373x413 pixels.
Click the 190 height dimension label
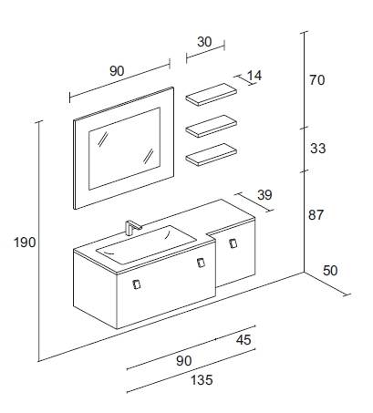[x=25, y=243]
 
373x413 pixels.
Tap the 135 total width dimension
[x=202, y=380]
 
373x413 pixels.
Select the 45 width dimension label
[x=243, y=340]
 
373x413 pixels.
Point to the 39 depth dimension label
[x=264, y=195]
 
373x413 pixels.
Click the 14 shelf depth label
[x=254, y=76]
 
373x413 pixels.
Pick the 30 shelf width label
[x=204, y=42]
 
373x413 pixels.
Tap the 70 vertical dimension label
[x=317, y=80]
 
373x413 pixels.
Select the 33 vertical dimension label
[x=318, y=149]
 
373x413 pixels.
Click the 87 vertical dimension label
[x=316, y=215]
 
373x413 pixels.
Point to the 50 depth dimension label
[x=330, y=271]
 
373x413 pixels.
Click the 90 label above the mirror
[x=117, y=71]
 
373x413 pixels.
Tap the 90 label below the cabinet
[x=184, y=361]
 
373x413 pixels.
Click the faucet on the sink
[x=132, y=227]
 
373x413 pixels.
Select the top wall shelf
[x=212, y=95]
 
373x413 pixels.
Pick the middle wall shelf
[x=212, y=126]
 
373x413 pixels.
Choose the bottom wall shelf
[x=212, y=155]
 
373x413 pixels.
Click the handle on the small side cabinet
[x=233, y=243]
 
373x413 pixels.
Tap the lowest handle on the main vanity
[x=137, y=284]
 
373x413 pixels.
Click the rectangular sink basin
[x=147, y=245]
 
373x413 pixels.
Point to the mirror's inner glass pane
[x=124, y=149]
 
